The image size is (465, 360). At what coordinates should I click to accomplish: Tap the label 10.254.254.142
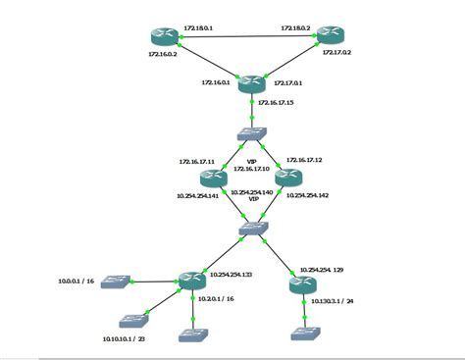tap(306, 196)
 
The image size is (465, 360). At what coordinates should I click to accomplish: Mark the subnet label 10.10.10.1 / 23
tap(126, 339)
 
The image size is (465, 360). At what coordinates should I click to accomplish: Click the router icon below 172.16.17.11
tap(212, 178)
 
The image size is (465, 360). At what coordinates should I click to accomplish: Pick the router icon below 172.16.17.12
tap(287, 178)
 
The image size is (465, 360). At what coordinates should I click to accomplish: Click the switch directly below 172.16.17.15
tap(252, 133)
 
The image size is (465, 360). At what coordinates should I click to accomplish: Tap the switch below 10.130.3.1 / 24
tap(303, 333)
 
